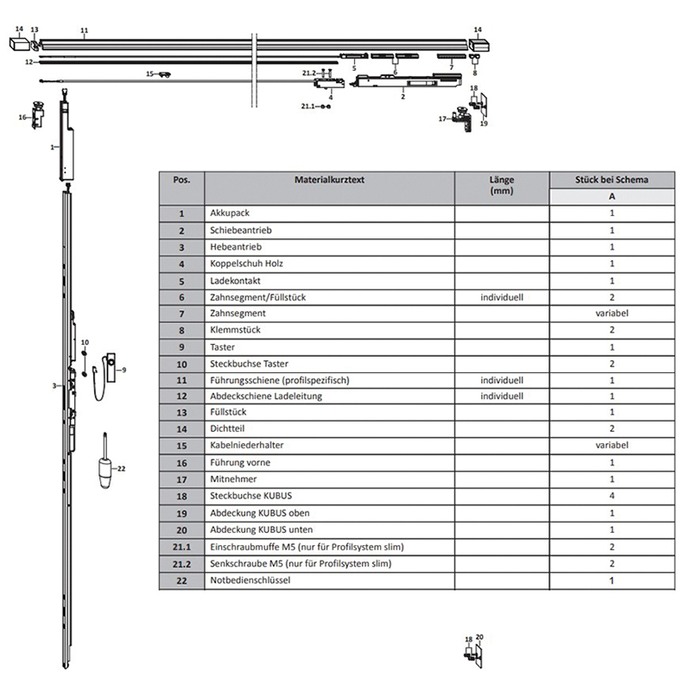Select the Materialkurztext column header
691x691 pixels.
point(329,180)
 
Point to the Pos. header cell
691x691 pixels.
point(181,180)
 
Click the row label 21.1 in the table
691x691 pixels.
point(181,548)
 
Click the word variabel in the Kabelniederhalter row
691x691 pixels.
point(611,446)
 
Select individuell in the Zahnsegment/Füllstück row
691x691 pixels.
point(501,297)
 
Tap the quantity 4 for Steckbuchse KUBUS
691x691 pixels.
point(611,497)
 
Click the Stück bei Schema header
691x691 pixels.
point(611,180)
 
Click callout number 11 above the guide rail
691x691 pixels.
point(84,31)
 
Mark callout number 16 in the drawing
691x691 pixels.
point(23,117)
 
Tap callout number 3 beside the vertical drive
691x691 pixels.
point(54,385)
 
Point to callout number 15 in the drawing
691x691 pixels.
point(149,74)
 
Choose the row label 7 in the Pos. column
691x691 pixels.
point(181,314)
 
